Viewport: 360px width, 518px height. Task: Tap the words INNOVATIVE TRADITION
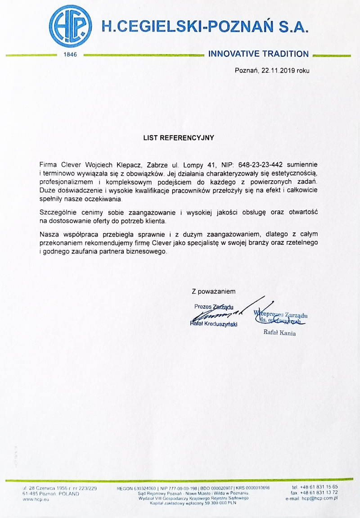pos(258,54)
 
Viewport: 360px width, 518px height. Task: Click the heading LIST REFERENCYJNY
pos(179,138)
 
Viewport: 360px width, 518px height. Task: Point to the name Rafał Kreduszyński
pos(214,324)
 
